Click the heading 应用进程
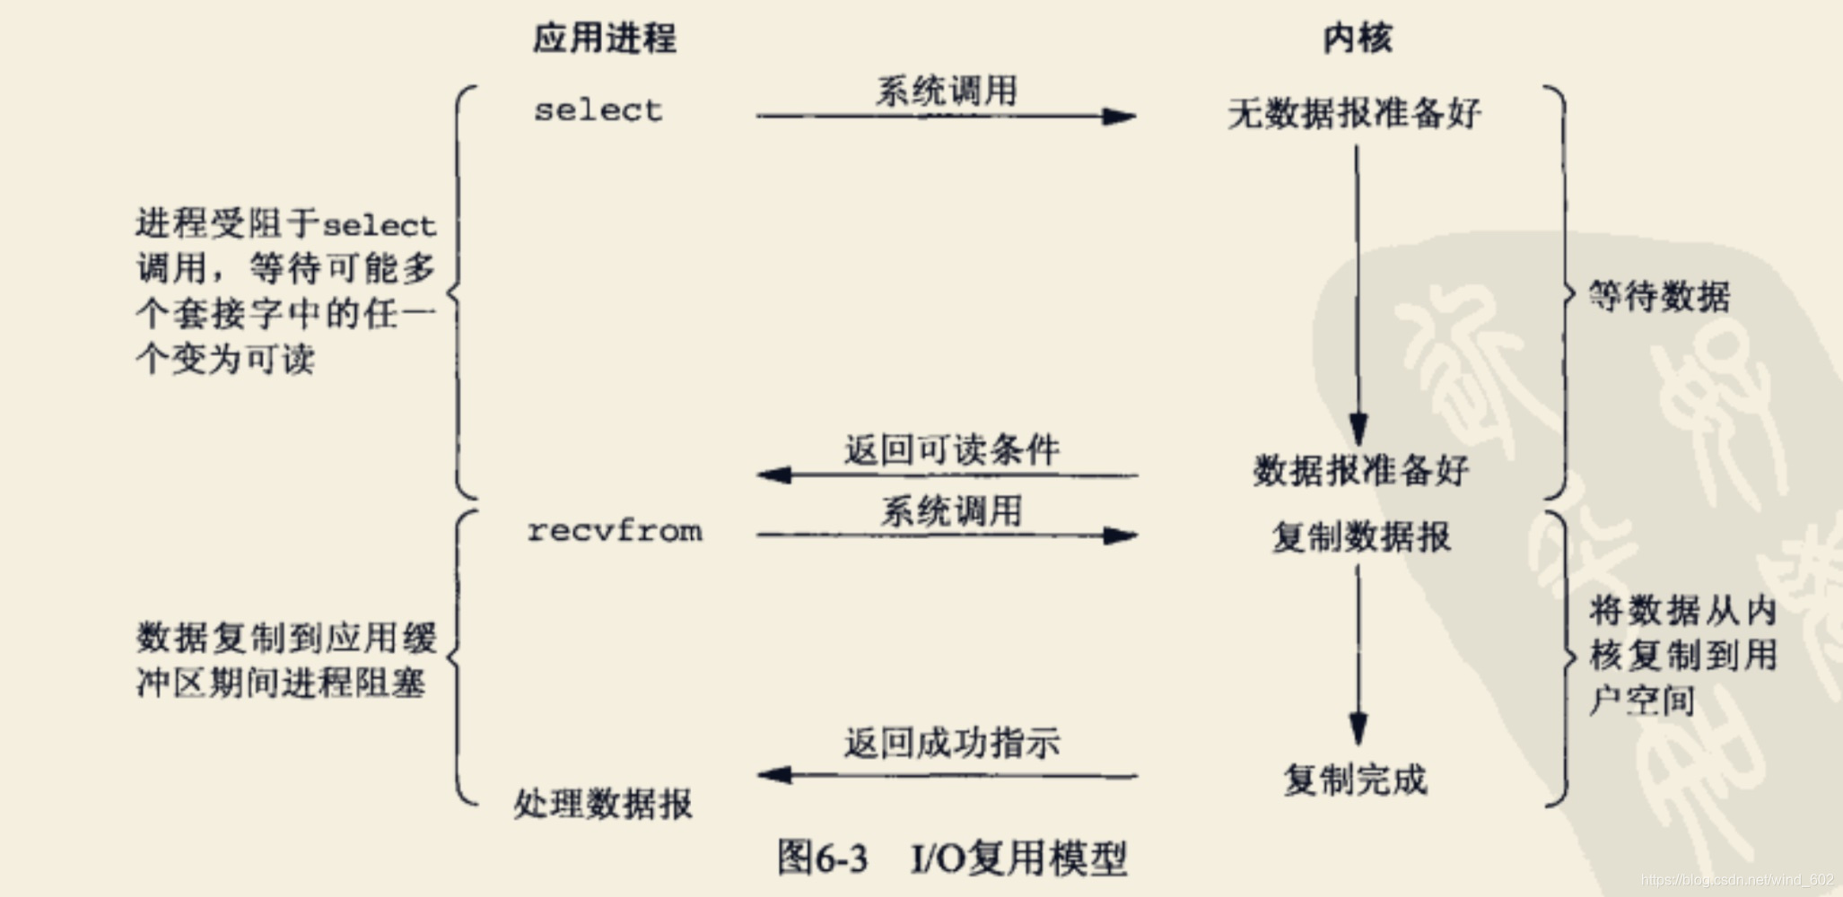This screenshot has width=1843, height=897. tap(604, 39)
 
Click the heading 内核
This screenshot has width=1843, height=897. tap(1357, 39)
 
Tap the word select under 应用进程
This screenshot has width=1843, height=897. tap(598, 110)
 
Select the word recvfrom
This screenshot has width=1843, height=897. tap(615, 531)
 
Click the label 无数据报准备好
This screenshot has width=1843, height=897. tap(1354, 114)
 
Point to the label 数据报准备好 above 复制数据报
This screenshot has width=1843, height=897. tap(1360, 470)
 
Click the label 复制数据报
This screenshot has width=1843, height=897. tap(1360, 537)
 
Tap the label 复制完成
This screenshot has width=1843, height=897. tap(1355, 779)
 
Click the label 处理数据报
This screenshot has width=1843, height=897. tap(603, 804)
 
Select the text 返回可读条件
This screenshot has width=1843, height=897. tap(951, 449)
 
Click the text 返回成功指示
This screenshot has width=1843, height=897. tap(951, 743)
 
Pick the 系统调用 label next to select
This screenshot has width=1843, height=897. tap(947, 91)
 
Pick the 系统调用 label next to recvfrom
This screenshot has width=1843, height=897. tap(951, 511)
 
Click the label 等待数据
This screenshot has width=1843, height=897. tap(1659, 296)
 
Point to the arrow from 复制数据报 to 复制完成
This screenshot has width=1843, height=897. tap(1358, 655)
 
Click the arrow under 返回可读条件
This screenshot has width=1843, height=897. tap(948, 475)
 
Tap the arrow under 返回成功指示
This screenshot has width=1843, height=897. tap(948, 775)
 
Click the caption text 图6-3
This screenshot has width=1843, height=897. tap(822, 858)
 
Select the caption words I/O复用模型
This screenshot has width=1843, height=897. tap(1018, 858)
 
